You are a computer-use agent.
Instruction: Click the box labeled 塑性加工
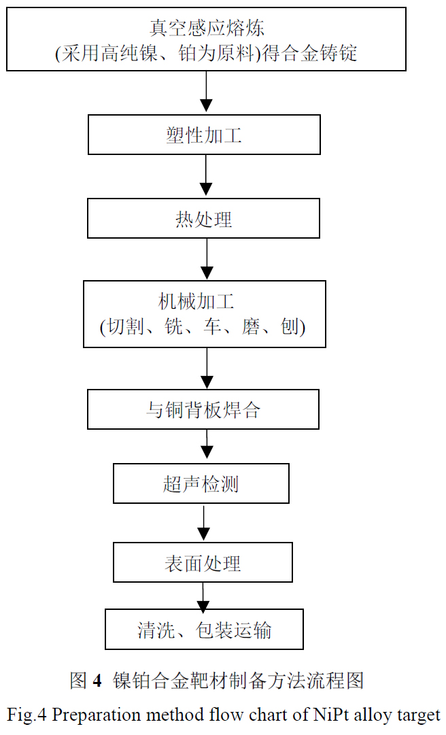tap(204, 135)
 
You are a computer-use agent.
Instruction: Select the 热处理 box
tap(204, 218)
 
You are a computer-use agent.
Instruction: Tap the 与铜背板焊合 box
tap(203, 409)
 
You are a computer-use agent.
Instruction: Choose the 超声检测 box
tap(201, 483)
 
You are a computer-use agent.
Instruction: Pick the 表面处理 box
tap(203, 562)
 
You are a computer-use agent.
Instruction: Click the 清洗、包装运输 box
tap(204, 630)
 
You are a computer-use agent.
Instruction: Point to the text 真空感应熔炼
tap(206, 28)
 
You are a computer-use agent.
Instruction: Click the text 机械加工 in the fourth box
tap(203, 301)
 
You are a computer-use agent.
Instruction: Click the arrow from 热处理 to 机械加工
tap(206, 259)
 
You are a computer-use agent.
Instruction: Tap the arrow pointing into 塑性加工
tap(206, 92)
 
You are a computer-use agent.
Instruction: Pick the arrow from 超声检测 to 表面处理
tap(203, 522)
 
